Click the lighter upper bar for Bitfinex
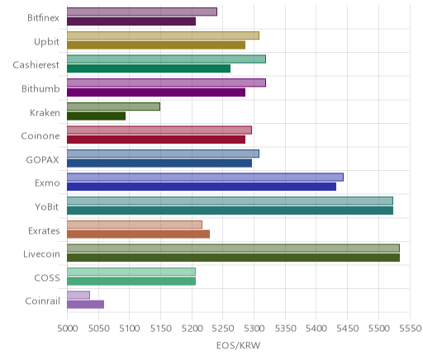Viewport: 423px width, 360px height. (x=142, y=12)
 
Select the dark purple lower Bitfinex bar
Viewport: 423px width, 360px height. (x=131, y=21)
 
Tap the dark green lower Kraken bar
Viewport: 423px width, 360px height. (x=96, y=116)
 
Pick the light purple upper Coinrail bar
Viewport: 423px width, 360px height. (x=78, y=295)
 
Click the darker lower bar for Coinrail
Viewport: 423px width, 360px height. (x=85, y=305)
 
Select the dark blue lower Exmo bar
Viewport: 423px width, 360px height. (x=202, y=187)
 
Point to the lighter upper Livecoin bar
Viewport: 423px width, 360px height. (x=233, y=248)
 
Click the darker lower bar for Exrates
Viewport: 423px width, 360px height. (x=138, y=234)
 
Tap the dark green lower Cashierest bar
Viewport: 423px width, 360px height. (x=149, y=69)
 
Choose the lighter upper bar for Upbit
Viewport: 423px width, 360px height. (x=163, y=36)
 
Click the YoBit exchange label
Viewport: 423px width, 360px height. (x=47, y=206)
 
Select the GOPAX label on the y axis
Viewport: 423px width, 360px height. (x=42, y=159)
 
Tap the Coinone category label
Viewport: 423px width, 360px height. (x=40, y=136)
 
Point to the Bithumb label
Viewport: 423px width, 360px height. (x=40, y=88)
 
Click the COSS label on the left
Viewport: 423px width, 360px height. (x=47, y=277)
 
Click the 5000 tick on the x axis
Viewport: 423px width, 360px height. (x=67, y=329)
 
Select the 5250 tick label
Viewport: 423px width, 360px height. (x=223, y=329)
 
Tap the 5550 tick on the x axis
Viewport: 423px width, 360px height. (x=411, y=329)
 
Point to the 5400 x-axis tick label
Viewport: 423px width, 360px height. (x=316, y=329)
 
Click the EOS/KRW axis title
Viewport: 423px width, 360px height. (x=238, y=345)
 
